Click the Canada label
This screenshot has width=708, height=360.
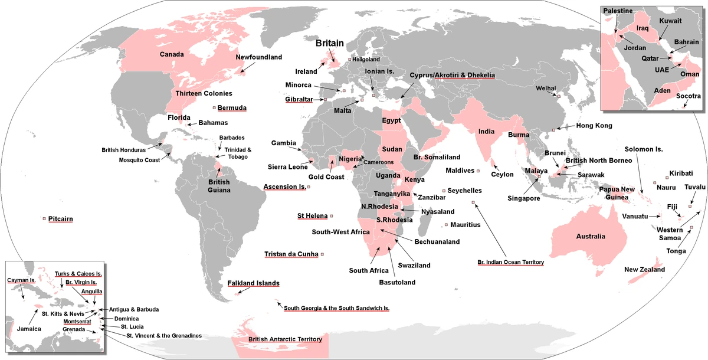[x=172, y=54]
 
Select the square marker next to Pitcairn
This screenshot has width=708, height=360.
[x=44, y=219]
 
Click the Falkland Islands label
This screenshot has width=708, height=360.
[x=253, y=283]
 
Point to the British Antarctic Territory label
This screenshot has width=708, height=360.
[x=285, y=339]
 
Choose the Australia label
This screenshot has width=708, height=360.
[x=591, y=237]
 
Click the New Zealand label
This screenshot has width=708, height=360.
[x=644, y=270]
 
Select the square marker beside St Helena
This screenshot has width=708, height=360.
[x=332, y=216]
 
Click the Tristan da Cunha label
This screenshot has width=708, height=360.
[x=291, y=254]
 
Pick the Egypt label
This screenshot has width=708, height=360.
[x=392, y=120]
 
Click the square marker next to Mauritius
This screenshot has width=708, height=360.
[x=446, y=225]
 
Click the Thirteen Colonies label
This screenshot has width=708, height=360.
[x=204, y=93]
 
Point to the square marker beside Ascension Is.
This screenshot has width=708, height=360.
[x=309, y=187]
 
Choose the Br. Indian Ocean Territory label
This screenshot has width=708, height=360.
[x=510, y=261]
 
